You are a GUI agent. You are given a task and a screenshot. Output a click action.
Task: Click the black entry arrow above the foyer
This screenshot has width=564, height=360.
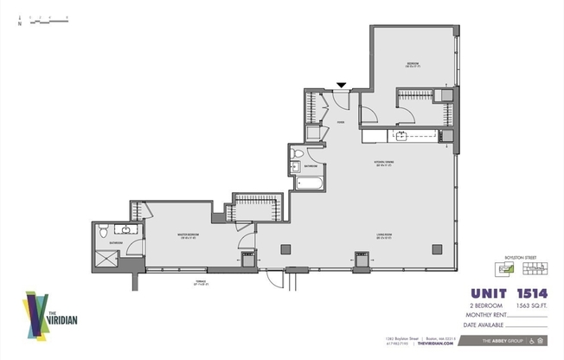[x=343, y=85]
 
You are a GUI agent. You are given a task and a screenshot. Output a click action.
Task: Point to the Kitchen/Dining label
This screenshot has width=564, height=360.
[x=385, y=164]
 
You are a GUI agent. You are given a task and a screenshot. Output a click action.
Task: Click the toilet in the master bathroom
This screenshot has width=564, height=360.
[x=102, y=231]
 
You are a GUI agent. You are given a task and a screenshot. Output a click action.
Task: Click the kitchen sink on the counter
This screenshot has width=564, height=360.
[x=403, y=136]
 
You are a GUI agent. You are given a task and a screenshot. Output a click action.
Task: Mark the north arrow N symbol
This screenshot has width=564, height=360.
[x=19, y=24]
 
